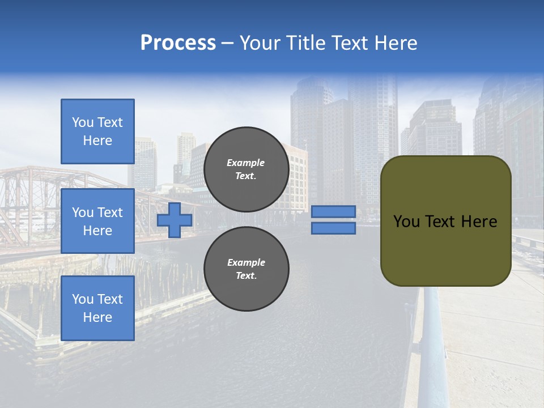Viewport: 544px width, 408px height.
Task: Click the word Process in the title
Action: pos(178,43)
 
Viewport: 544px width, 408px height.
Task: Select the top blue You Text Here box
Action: pos(97,131)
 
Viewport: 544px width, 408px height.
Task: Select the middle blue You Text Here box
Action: pos(97,221)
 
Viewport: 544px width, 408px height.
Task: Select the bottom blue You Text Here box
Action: pos(97,308)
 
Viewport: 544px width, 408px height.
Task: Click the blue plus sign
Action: pos(175,220)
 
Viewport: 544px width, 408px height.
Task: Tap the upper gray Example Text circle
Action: pos(246,169)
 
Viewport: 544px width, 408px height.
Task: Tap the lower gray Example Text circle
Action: pos(246,269)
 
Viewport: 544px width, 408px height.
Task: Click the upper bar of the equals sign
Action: pos(333,211)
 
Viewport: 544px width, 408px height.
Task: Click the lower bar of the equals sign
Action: pos(333,228)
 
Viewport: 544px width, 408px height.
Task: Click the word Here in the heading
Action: pos(395,43)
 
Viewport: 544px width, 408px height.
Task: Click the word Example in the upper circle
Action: pos(246,163)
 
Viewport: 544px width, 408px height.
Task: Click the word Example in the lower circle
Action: pos(246,262)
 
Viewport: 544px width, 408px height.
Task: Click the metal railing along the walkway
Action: pos(434,340)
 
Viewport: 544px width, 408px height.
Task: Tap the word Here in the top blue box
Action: pos(97,141)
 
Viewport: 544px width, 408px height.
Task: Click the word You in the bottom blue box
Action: pos(83,299)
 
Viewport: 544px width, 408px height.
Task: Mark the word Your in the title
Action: pos(261,43)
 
